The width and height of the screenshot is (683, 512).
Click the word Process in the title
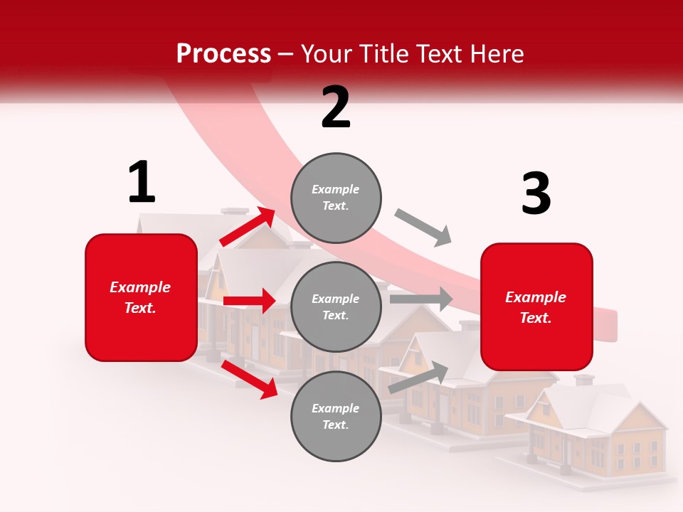pyautogui.click(x=223, y=54)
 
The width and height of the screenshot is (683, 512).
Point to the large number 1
pyautogui.click(x=142, y=182)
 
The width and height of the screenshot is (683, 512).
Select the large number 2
pyautogui.click(x=336, y=107)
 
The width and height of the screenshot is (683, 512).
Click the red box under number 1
pyautogui.click(x=141, y=297)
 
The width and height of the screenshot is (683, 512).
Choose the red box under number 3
pyautogui.click(x=536, y=307)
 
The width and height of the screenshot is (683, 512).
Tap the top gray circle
pyautogui.click(x=336, y=198)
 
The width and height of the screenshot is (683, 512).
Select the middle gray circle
pyautogui.click(x=336, y=307)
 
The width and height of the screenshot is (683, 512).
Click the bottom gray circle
pyautogui.click(x=336, y=417)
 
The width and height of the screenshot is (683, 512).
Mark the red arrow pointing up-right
pyautogui.click(x=248, y=226)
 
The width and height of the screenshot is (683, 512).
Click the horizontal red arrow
pyautogui.click(x=249, y=301)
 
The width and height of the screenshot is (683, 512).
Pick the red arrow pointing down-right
pyautogui.click(x=250, y=379)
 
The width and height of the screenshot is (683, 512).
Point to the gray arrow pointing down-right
pyautogui.click(x=423, y=228)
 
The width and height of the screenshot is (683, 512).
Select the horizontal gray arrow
pyautogui.click(x=420, y=299)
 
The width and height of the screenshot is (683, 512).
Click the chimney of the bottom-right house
pyautogui.click(x=584, y=380)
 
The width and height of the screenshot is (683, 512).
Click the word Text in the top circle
pyautogui.click(x=336, y=206)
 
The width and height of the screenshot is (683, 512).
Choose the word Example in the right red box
pyautogui.click(x=536, y=297)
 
